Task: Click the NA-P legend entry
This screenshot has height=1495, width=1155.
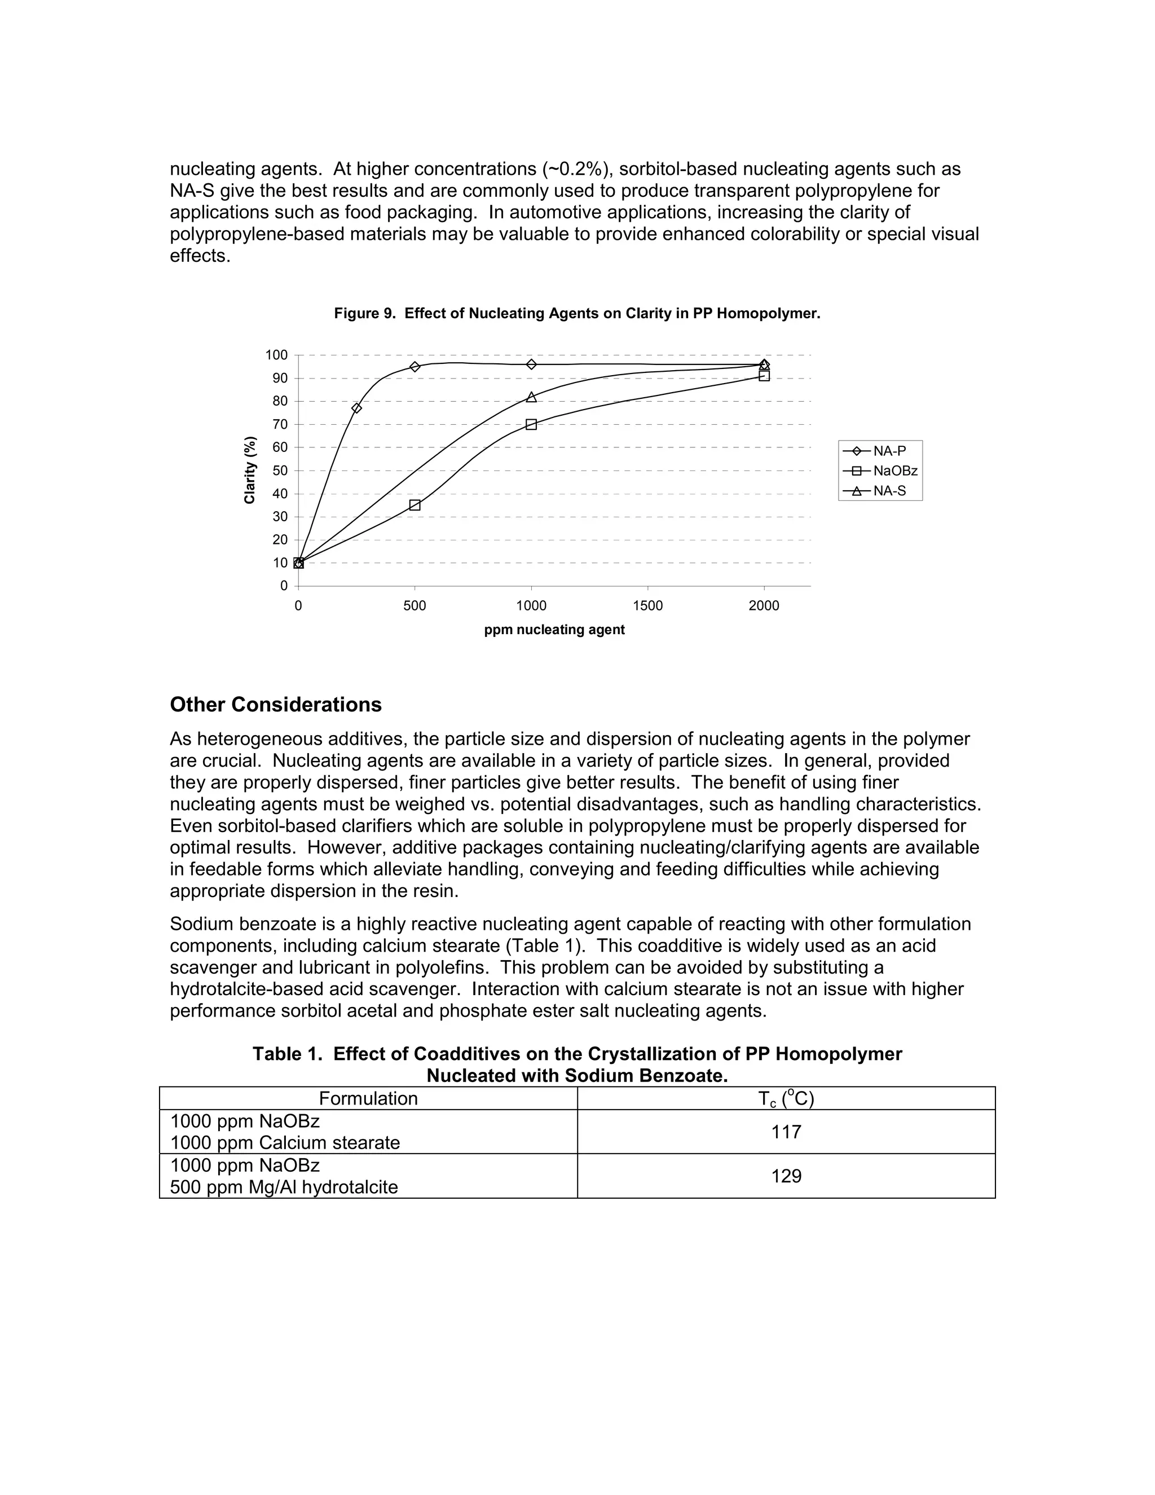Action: pos(880,451)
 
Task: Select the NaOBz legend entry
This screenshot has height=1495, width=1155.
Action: pos(880,471)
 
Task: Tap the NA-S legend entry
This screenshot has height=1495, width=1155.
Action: pos(880,491)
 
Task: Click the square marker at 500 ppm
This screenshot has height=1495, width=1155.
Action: pos(415,505)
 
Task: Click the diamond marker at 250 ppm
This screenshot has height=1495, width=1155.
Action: pos(356,408)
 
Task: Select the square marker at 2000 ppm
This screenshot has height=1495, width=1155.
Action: pos(764,376)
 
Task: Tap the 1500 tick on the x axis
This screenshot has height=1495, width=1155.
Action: pos(647,606)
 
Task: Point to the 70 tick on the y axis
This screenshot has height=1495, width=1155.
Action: pos(280,424)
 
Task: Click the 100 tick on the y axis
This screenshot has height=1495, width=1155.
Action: pos(276,355)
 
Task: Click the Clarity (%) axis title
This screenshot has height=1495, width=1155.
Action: pos(250,471)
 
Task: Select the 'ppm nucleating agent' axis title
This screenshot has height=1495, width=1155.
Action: pos(554,630)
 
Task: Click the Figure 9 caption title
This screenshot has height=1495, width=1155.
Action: pos(577,314)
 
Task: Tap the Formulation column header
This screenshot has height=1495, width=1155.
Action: pos(368,1098)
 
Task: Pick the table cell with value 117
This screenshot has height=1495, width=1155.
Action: pos(786,1132)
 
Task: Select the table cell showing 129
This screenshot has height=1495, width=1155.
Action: pos(786,1176)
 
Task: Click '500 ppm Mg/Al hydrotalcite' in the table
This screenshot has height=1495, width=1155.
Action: pos(284,1187)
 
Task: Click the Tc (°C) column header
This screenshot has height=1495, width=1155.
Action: pos(786,1098)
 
